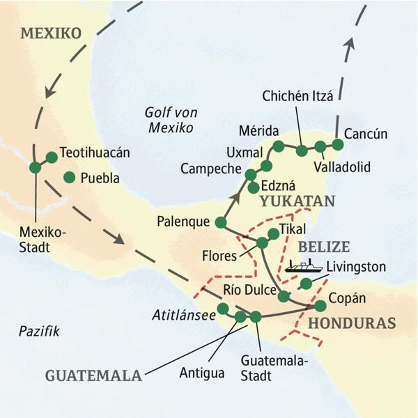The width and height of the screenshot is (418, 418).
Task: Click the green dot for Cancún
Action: (338, 145)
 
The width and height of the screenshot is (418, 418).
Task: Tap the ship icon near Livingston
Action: (303, 265)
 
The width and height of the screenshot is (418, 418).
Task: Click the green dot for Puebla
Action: (69, 178)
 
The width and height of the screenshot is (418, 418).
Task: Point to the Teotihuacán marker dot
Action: (51, 157)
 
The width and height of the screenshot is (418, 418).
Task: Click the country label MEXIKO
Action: (51, 33)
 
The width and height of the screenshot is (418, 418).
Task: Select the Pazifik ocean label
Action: (40, 332)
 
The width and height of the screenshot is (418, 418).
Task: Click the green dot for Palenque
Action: (221, 223)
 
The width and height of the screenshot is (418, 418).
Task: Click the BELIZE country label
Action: (323, 247)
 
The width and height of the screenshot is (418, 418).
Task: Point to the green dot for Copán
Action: (320, 305)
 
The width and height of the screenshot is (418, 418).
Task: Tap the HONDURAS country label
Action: (351, 323)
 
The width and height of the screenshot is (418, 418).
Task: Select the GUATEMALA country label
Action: (93, 375)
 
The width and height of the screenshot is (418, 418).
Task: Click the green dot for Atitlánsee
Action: (223, 308)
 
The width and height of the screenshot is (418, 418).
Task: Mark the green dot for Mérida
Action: (278, 146)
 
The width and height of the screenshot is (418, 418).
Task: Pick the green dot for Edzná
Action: (254, 187)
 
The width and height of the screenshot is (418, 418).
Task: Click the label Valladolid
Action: (341, 167)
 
